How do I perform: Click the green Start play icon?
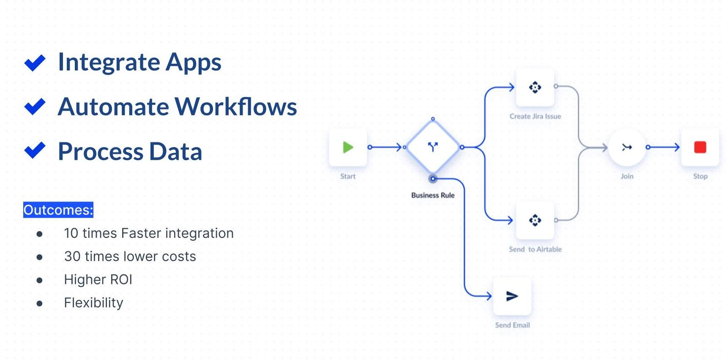pyautogui.click(x=348, y=147)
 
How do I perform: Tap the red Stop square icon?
pyautogui.click(x=700, y=147)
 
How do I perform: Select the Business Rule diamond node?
pyautogui.click(x=432, y=147)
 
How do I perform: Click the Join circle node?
pyautogui.click(x=626, y=147)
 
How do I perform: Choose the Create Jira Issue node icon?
pyautogui.click(x=535, y=87)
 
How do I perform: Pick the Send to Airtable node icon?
pyautogui.click(x=535, y=220)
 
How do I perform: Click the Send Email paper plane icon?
pyautogui.click(x=512, y=296)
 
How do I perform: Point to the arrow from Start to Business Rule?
pyautogui.click(x=385, y=147)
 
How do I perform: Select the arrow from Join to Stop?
pyautogui.click(x=664, y=147)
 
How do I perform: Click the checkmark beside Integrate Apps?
pyautogui.click(x=35, y=63)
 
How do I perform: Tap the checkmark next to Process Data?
pyautogui.click(x=35, y=150)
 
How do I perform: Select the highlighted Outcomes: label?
pyautogui.click(x=58, y=210)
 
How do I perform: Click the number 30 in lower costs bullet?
pyautogui.click(x=72, y=256)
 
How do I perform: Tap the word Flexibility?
pyautogui.click(x=93, y=303)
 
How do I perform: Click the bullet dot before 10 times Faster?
pyautogui.click(x=40, y=234)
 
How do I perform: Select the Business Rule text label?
pyautogui.click(x=432, y=195)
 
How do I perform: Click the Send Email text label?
pyautogui.click(x=512, y=325)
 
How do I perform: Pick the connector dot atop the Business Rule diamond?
pyautogui.click(x=433, y=119)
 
